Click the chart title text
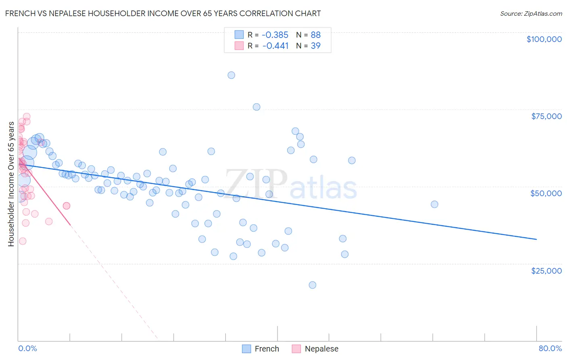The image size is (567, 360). click(163, 13)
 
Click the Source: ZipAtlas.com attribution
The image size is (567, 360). click(531, 13)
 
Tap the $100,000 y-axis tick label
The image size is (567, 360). click(544, 39)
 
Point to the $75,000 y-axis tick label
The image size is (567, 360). click(546, 116)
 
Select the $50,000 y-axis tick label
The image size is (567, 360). click(546, 193)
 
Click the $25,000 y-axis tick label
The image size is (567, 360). click(546, 271)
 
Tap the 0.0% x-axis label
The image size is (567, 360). click(27, 348)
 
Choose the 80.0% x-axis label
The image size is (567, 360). click(550, 348)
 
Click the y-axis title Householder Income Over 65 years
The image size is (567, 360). click(11, 184)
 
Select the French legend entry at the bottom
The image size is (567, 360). click(261, 349)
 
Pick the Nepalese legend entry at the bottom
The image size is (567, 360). click(315, 349)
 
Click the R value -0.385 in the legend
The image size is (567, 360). click(275, 35)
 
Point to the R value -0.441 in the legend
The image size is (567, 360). click(275, 46)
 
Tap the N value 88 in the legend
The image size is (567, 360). click(316, 35)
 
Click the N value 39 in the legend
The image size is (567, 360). click(316, 46)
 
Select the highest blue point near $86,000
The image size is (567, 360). click(231, 75)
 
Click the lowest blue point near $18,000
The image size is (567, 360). click(312, 285)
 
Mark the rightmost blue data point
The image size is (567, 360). click(434, 204)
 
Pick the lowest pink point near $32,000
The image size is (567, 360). click(23, 241)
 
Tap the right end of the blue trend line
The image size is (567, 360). click(536, 239)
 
